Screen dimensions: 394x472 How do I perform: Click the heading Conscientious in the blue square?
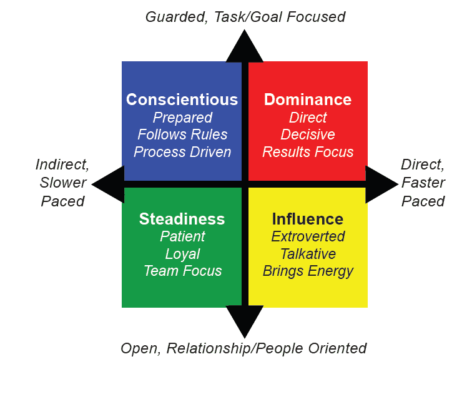182,99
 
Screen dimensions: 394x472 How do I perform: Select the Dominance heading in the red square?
307,99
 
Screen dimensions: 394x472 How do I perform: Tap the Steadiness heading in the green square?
182,219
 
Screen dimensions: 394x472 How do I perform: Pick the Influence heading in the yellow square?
307,219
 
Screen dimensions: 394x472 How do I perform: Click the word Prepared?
182,118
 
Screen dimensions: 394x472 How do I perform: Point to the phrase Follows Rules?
182,134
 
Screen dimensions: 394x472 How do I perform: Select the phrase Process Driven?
182,152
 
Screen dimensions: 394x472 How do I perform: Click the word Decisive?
308,134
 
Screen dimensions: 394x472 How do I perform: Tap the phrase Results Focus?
308,152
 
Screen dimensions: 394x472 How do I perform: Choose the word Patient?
182,236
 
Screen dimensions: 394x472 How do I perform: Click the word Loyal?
182,254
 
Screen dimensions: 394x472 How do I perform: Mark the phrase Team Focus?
182,271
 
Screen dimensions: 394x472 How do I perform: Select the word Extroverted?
308,236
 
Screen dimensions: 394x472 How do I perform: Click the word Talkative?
308,254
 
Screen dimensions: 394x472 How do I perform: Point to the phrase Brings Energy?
308,271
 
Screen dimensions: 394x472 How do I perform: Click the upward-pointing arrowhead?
245,47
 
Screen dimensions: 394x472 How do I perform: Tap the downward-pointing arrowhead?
245,322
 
